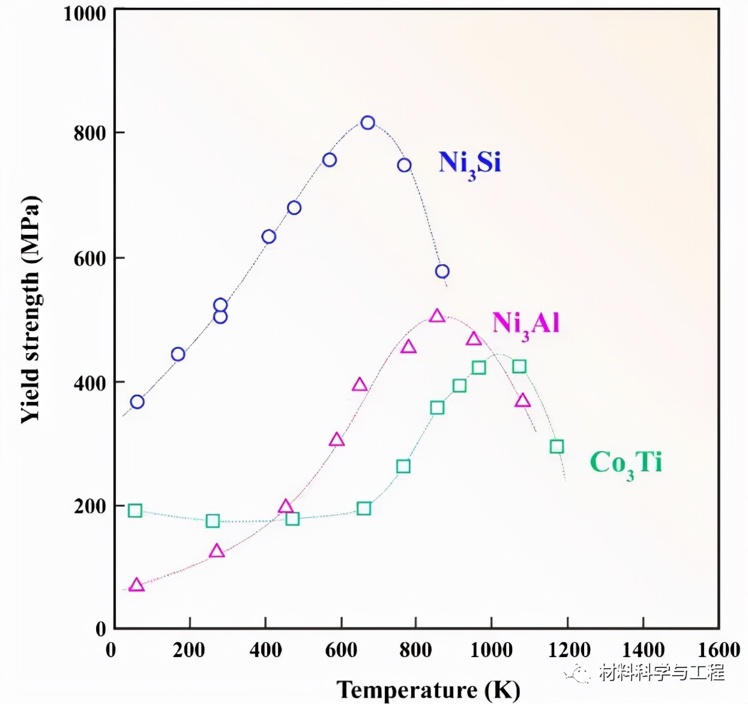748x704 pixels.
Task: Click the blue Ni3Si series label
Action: (x=469, y=163)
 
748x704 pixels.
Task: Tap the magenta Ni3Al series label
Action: (x=526, y=324)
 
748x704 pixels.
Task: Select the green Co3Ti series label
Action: (x=626, y=463)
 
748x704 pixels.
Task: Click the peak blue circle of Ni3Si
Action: (x=367, y=123)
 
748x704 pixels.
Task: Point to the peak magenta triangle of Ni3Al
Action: (x=437, y=316)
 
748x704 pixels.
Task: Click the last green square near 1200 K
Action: (x=556, y=446)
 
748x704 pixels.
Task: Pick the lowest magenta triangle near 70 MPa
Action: (x=137, y=585)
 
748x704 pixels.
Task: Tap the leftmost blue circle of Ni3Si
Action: (x=137, y=402)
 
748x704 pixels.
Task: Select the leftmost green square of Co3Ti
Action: (x=135, y=511)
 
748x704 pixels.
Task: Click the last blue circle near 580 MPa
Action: (x=442, y=272)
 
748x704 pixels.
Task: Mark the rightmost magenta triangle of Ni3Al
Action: (x=522, y=401)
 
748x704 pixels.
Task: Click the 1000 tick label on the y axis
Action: (x=84, y=13)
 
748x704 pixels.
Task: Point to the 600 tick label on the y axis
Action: (x=89, y=258)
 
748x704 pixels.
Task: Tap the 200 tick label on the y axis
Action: (x=89, y=506)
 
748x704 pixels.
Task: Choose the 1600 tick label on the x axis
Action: (x=719, y=649)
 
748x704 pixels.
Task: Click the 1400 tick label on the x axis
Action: (x=643, y=649)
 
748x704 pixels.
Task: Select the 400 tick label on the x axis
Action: (x=265, y=649)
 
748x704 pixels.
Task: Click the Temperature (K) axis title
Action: (x=428, y=690)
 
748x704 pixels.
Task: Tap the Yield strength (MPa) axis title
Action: (x=30, y=310)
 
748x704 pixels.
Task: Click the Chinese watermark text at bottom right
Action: (x=661, y=672)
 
